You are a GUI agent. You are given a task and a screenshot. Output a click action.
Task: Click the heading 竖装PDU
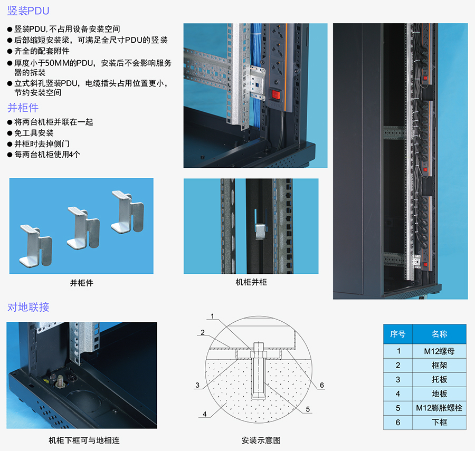click(x=28, y=11)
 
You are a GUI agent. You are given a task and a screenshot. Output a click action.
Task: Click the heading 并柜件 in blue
click(x=23, y=108)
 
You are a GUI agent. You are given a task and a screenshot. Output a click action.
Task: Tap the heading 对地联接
click(x=28, y=307)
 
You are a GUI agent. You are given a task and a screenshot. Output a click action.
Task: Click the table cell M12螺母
click(x=439, y=351)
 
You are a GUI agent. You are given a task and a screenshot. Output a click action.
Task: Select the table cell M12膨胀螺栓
click(x=439, y=408)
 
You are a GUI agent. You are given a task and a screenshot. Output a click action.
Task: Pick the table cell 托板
click(x=439, y=380)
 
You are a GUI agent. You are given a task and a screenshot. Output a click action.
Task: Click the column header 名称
click(x=439, y=334)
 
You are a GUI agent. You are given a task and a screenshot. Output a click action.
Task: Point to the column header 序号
click(x=398, y=334)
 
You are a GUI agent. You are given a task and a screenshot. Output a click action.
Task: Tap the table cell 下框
click(x=439, y=422)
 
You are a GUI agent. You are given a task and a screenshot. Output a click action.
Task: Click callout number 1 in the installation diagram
click(x=212, y=316)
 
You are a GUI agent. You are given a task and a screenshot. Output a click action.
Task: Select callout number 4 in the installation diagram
click(x=205, y=414)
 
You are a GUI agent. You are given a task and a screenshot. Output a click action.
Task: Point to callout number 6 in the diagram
click(x=322, y=385)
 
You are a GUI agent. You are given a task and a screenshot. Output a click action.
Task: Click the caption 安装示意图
click(x=261, y=440)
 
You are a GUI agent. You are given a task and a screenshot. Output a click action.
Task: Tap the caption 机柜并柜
click(x=251, y=282)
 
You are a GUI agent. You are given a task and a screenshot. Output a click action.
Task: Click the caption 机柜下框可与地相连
click(x=84, y=440)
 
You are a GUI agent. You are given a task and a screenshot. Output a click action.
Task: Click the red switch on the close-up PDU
click(x=275, y=95)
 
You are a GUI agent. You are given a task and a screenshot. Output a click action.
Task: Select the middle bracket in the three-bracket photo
click(x=83, y=228)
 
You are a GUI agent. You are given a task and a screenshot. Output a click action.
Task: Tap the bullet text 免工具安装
click(x=34, y=133)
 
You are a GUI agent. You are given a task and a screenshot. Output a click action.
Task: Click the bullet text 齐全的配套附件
click(x=42, y=51)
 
